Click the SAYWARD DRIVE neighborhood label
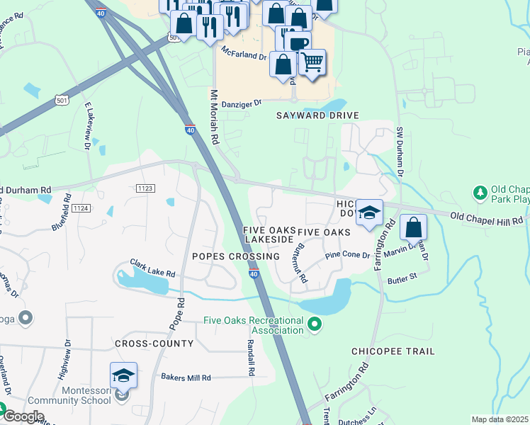317,115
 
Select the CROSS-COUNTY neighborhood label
154,344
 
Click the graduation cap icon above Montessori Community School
123,375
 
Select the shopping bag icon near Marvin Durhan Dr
413,228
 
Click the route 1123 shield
145,188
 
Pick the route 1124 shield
81,208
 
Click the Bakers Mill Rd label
186,378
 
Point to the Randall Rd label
251,356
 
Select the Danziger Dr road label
242,103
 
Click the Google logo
23,416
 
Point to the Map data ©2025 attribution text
500,419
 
